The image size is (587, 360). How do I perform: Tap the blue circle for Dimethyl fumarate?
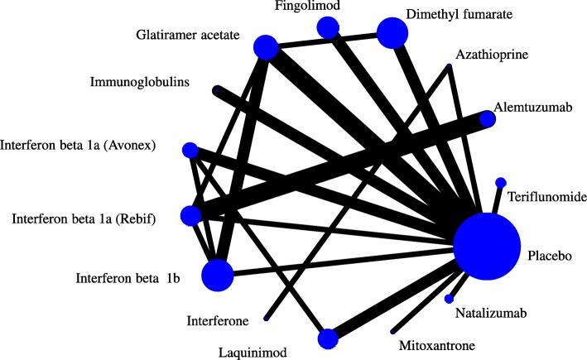click(x=392, y=33)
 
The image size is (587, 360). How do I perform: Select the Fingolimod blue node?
click(x=329, y=27)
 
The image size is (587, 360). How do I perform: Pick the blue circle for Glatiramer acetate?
click(x=265, y=47)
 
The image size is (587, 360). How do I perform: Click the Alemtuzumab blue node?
click(x=488, y=119)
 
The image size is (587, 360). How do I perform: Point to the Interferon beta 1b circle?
click(x=218, y=276)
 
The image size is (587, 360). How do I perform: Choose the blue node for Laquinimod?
click(x=328, y=339)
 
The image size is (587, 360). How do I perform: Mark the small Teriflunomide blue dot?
click(x=500, y=182)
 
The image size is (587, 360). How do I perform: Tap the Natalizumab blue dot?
click(x=449, y=299)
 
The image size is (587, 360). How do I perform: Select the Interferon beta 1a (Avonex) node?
click(x=190, y=150)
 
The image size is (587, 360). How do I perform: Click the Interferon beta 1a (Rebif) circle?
click(x=190, y=216)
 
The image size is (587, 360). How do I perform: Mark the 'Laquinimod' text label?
click(x=255, y=352)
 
